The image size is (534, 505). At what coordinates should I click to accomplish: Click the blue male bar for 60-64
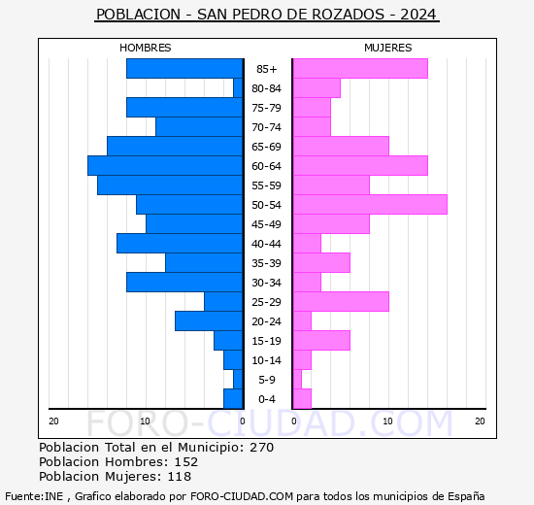click(x=165, y=166)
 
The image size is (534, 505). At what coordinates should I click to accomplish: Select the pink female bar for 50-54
click(x=370, y=205)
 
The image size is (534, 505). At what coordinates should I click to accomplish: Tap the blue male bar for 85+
click(x=184, y=69)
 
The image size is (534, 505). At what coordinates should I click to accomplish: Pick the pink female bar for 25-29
click(x=341, y=302)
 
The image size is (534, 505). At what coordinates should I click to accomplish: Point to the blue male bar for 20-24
click(x=209, y=321)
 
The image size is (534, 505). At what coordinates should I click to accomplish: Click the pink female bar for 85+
click(x=360, y=69)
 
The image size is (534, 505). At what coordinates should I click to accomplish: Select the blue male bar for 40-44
click(x=180, y=244)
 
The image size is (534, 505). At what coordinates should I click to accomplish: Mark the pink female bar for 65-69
click(x=341, y=147)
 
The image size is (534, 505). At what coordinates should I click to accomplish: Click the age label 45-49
click(x=266, y=224)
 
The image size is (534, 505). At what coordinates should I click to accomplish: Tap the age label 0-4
click(x=266, y=399)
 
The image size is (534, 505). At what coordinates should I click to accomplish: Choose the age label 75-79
click(x=266, y=108)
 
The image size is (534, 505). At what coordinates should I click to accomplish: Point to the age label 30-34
click(x=266, y=283)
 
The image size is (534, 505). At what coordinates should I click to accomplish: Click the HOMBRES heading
click(x=146, y=48)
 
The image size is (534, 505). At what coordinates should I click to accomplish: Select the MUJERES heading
click(x=387, y=48)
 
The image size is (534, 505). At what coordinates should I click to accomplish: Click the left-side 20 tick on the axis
click(x=54, y=421)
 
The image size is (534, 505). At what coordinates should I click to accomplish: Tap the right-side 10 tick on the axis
click(x=386, y=421)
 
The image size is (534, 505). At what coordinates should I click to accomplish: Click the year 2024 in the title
click(x=417, y=15)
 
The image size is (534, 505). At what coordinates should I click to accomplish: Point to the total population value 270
click(x=261, y=448)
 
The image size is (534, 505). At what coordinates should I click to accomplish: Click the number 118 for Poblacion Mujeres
click(x=180, y=477)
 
